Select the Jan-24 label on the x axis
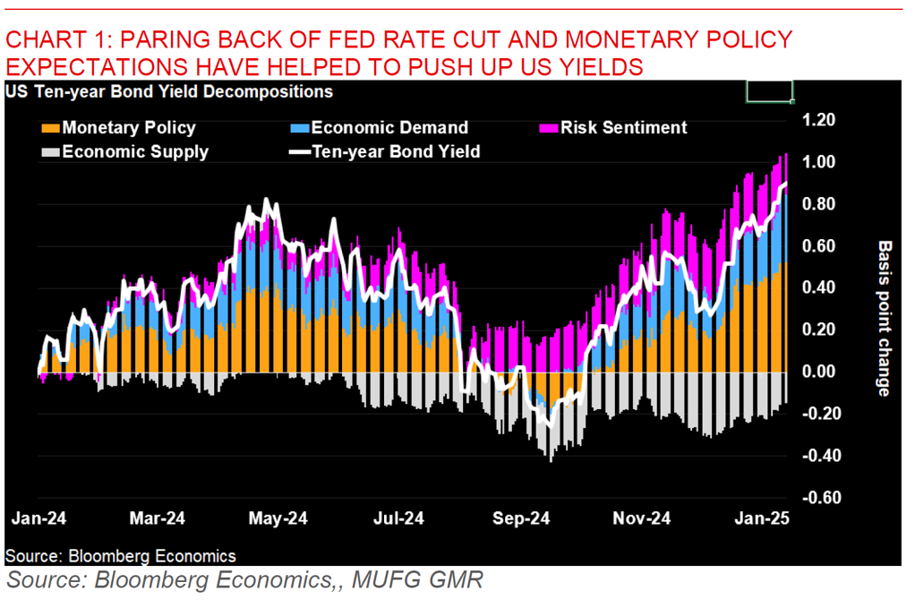pos(38,518)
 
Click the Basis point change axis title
pos(884,318)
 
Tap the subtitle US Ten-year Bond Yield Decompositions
pos(169,91)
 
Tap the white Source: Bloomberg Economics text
pos(121,556)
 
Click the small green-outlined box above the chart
pos(769,91)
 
